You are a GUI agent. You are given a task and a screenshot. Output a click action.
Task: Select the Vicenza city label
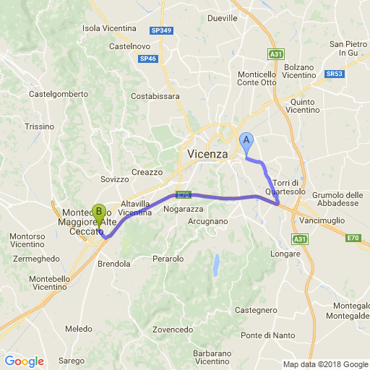(207, 154)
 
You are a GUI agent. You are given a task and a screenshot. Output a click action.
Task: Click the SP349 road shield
(161, 30)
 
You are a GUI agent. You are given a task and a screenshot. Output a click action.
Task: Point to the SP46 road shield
(147, 59)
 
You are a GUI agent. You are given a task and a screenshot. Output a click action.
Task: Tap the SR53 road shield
(334, 74)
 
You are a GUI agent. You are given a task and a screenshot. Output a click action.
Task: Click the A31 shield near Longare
(300, 238)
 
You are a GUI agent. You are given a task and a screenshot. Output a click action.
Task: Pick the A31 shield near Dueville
(275, 54)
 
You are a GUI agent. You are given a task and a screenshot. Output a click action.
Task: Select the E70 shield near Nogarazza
(182, 195)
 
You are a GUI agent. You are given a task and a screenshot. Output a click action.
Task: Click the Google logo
(24, 361)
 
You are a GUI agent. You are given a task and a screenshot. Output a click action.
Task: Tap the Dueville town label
(222, 18)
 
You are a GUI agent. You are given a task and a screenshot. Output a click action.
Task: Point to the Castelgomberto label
(53, 94)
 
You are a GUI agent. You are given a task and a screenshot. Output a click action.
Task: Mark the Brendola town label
(113, 264)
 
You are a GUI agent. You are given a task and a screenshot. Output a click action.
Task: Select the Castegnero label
(257, 310)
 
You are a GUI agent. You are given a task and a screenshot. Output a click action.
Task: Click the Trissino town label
(39, 126)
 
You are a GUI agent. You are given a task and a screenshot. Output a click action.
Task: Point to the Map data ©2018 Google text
(324, 364)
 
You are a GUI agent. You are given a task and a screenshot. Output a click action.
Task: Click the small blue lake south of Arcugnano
(215, 265)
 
